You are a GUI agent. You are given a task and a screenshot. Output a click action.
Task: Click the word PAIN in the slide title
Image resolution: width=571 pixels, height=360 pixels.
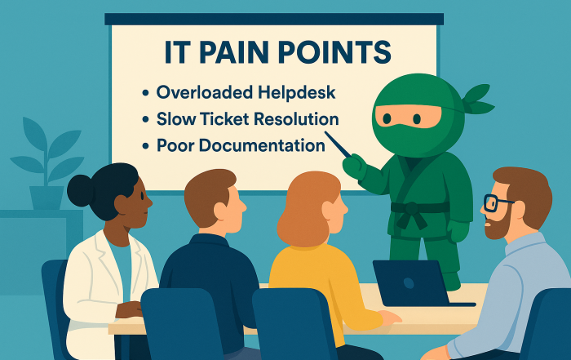click(x=234, y=52)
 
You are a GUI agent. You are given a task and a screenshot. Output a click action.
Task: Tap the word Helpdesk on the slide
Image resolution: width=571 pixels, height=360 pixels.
click(x=297, y=92)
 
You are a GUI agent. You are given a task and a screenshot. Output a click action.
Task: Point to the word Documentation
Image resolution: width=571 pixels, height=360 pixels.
click(x=262, y=145)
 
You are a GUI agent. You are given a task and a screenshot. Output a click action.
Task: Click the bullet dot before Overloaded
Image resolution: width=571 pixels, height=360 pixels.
click(x=146, y=93)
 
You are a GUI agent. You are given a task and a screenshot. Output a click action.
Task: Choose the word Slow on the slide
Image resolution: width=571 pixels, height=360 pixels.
click(x=176, y=119)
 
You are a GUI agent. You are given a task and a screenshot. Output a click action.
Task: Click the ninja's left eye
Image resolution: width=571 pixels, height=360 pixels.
click(x=387, y=118)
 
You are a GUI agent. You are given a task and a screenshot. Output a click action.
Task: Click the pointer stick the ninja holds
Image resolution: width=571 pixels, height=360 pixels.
click(x=338, y=144)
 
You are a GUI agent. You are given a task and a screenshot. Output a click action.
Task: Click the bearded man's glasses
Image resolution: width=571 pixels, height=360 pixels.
click(x=496, y=202)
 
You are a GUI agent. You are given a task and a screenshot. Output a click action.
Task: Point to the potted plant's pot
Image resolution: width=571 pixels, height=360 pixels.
click(x=46, y=198)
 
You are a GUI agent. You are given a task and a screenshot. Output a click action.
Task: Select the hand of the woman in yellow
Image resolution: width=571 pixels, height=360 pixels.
click(x=389, y=318)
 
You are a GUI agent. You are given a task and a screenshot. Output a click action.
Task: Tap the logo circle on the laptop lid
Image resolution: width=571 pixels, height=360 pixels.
click(x=409, y=282)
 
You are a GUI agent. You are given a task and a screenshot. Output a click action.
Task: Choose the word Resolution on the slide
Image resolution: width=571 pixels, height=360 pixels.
click(x=296, y=119)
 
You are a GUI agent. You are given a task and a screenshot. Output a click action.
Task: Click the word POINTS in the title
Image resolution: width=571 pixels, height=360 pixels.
click(x=334, y=52)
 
